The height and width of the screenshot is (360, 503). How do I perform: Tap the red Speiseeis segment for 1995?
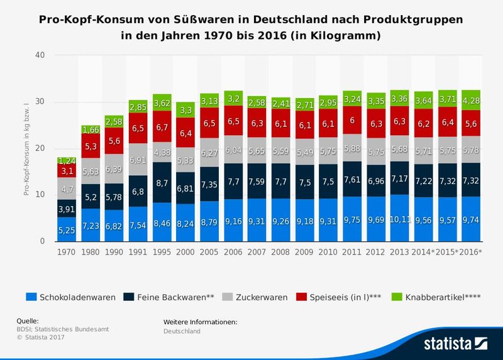pos(163,128)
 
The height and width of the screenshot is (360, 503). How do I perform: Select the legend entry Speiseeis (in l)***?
pos(339,297)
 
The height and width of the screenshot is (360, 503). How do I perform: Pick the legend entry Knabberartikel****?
pos(436,297)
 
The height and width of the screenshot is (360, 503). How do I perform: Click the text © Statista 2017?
pos(41,337)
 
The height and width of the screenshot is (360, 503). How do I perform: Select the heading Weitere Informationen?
pos(200,322)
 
